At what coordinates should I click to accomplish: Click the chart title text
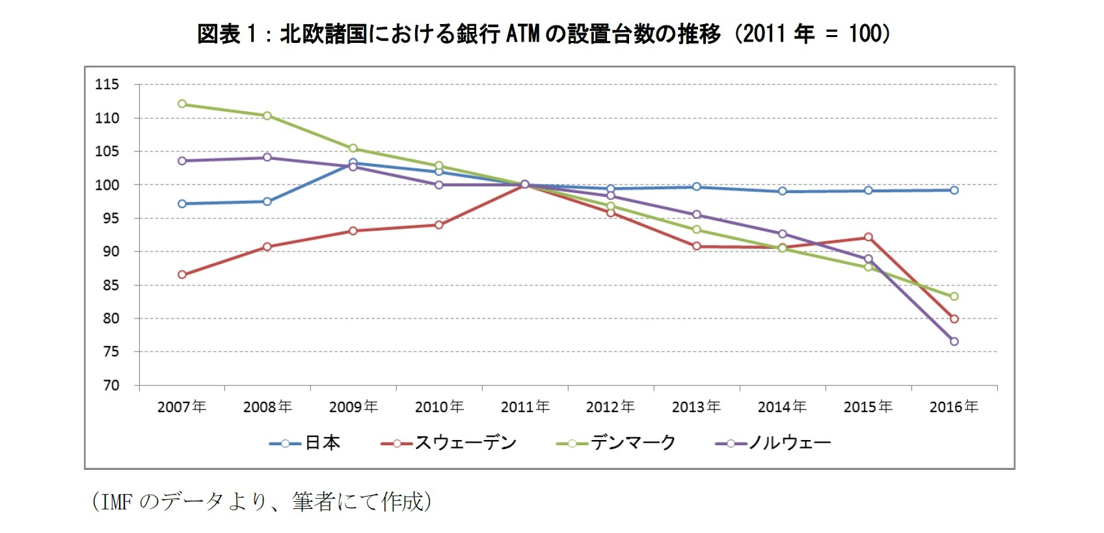(x=544, y=34)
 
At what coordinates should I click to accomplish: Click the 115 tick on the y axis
(x=107, y=84)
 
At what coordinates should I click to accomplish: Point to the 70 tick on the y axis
(x=111, y=385)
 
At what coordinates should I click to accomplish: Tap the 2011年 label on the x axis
(x=525, y=407)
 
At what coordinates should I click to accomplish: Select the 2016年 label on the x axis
(x=954, y=407)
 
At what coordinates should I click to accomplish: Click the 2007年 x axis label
(x=182, y=407)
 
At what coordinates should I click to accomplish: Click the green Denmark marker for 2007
(x=182, y=104)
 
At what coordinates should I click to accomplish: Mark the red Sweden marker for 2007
(x=182, y=275)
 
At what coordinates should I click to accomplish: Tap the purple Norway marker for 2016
(x=954, y=341)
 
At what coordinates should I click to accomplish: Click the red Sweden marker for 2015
(x=868, y=237)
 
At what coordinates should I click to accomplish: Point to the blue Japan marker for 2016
(x=954, y=190)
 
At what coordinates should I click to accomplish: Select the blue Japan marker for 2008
(x=267, y=201)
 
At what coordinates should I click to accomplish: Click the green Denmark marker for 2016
(x=954, y=296)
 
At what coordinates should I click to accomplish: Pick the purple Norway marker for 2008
(x=267, y=157)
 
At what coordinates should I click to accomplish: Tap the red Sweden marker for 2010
(x=439, y=225)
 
